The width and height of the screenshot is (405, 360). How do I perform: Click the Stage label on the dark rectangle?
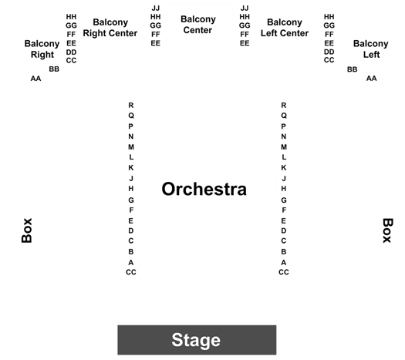196,340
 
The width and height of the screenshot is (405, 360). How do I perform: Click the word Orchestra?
204,189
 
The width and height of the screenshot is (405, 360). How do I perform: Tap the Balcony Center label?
197,25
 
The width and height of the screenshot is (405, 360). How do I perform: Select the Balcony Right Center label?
110,28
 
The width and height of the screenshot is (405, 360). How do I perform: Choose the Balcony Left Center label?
285,28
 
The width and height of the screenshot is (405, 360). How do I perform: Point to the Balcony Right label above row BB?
42,49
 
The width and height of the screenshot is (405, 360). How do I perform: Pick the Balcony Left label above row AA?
370,49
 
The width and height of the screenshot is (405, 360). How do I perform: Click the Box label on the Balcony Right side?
26,230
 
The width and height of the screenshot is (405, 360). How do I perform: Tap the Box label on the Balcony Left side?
388,230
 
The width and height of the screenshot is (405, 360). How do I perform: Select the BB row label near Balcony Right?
54,69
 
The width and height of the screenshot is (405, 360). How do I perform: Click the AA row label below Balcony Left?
371,78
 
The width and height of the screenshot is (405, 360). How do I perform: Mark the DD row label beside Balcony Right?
71,52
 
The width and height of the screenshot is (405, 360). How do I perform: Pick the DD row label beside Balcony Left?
329,52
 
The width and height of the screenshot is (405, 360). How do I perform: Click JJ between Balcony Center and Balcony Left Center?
245,8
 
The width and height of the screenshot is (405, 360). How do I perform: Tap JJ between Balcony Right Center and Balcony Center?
156,8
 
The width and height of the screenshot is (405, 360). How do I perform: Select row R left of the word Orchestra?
131,106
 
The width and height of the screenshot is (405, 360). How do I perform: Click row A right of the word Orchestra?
284,262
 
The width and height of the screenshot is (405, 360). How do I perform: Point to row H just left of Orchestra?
131,189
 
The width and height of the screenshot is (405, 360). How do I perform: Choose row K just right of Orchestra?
284,168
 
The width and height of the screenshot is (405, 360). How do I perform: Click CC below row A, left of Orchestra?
131,272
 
